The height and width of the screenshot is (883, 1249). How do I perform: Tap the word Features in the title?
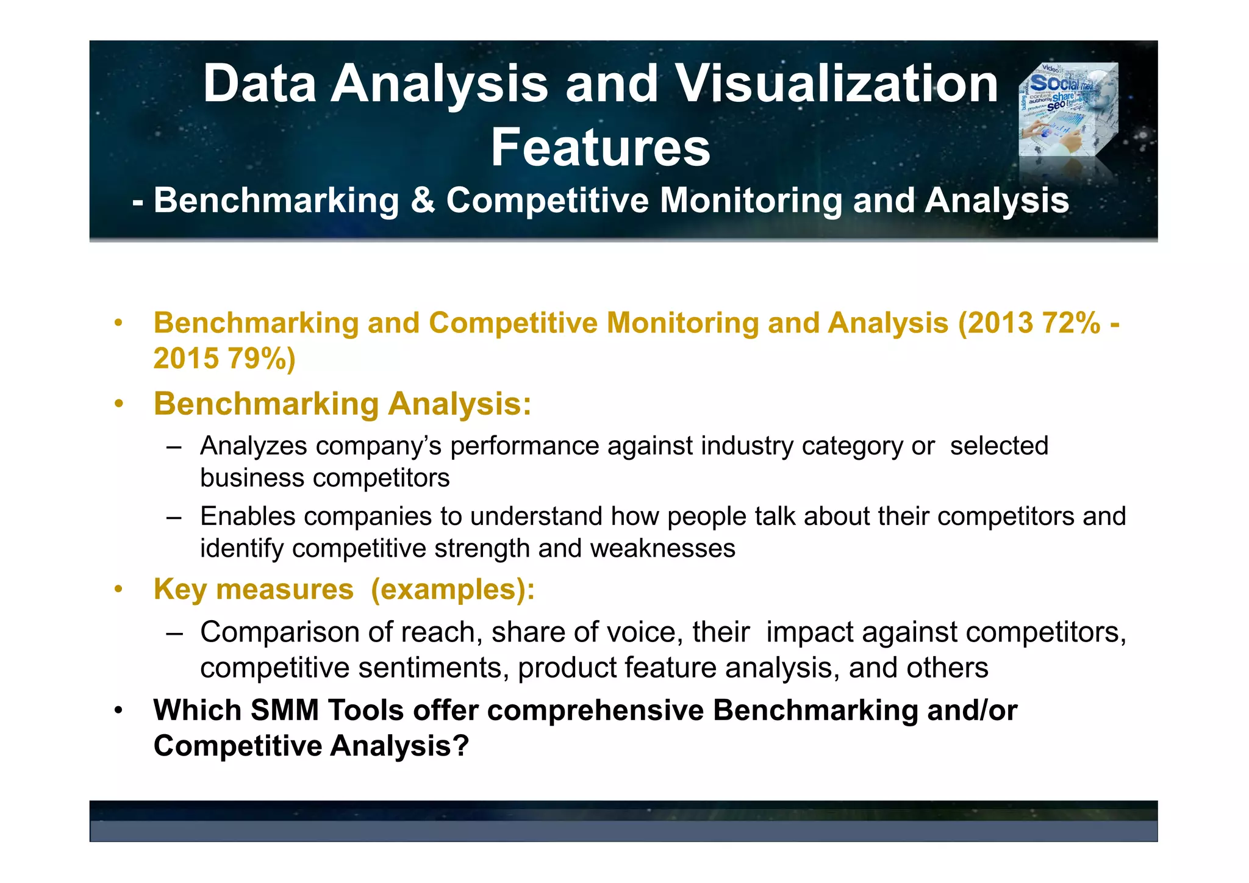pos(600,148)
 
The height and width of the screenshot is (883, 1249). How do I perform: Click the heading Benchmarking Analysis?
pos(342,404)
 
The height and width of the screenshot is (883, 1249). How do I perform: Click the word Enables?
pos(248,517)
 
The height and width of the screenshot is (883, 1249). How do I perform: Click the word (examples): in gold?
pos(453,590)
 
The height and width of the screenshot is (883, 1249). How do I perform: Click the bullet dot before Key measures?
pos(119,590)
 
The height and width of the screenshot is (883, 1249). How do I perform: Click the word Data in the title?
pos(259,84)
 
